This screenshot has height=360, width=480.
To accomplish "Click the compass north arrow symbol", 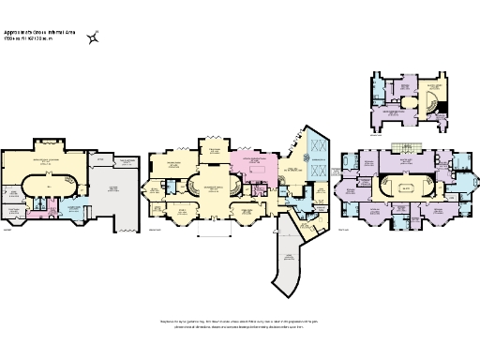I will [94, 38].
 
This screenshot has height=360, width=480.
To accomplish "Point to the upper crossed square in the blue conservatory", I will [316, 144].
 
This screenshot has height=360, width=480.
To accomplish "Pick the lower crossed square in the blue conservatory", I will [316, 170].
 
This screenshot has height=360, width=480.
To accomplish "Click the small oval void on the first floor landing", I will [404, 187].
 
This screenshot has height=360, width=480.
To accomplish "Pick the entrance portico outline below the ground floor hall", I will [215, 226].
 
